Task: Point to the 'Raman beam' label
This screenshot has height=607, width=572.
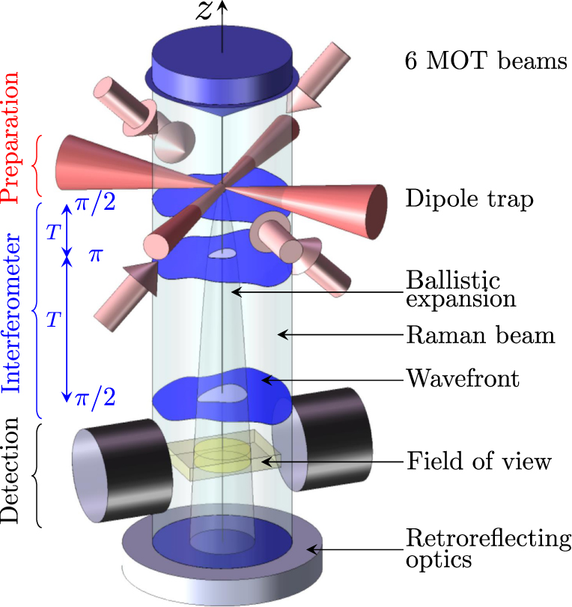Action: pos(480,334)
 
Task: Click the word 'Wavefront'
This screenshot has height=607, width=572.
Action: pos(462,378)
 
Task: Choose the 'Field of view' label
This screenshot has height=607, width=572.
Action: pos(478,460)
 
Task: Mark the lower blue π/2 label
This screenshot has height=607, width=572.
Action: pos(96,398)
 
